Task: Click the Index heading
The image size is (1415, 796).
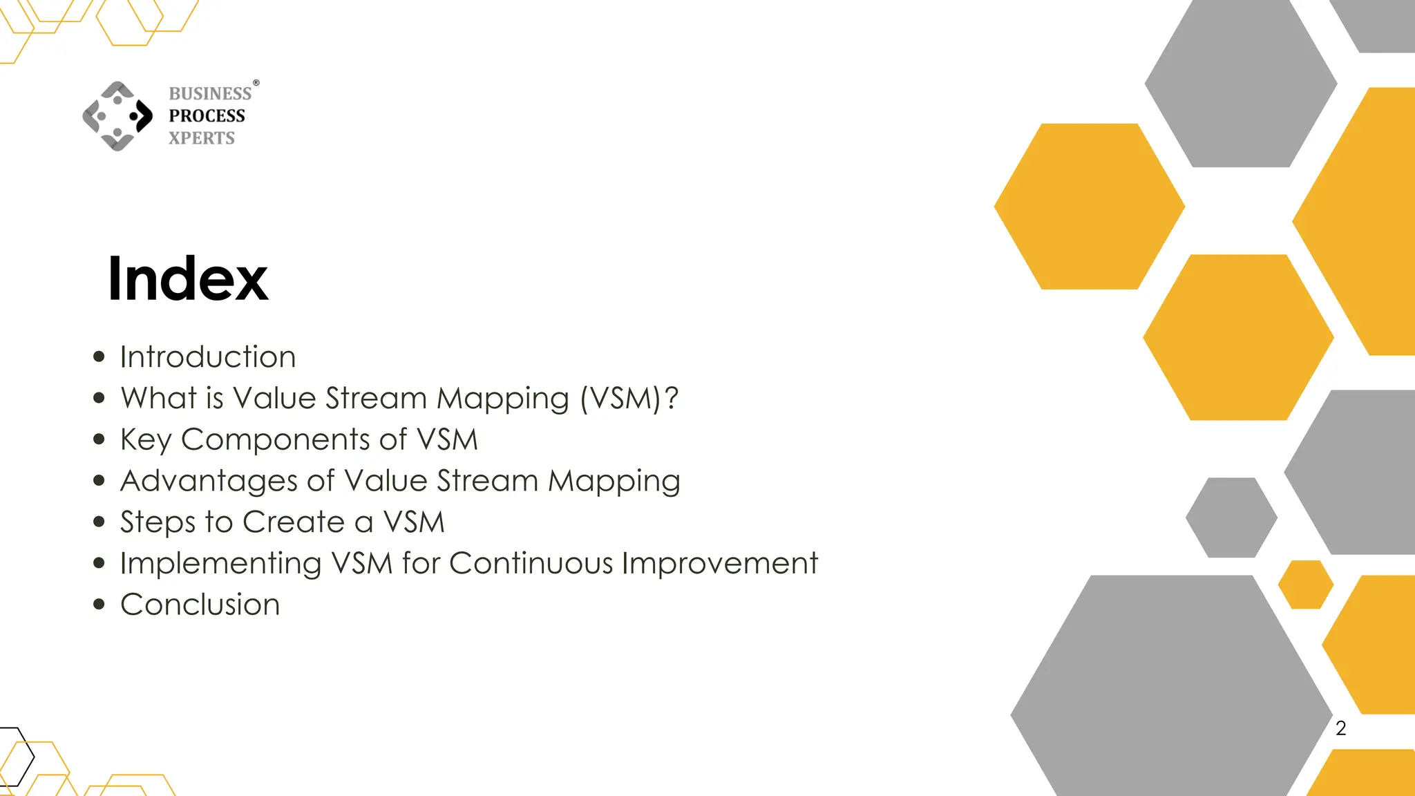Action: [x=187, y=278]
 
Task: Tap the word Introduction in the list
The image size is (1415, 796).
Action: [x=208, y=357]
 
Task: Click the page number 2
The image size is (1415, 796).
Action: [x=1340, y=728]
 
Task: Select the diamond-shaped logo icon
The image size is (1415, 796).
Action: [x=117, y=116]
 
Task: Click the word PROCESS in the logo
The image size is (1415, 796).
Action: [x=207, y=115]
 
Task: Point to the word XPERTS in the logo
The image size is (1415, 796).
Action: [x=202, y=138]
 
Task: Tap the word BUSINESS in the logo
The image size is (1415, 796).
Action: [x=210, y=93]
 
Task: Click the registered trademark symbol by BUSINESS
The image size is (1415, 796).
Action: [x=256, y=83]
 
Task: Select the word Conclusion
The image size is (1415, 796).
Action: [x=200, y=605]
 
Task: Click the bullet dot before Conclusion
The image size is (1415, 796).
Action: [x=99, y=605]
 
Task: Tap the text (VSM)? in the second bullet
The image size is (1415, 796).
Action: [x=629, y=399]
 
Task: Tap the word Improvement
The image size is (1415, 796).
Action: [x=719, y=563]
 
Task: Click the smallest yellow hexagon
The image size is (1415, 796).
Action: [x=1305, y=585]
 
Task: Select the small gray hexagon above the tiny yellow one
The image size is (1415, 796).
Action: [x=1231, y=518]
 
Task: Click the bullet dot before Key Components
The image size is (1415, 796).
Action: [x=99, y=439]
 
